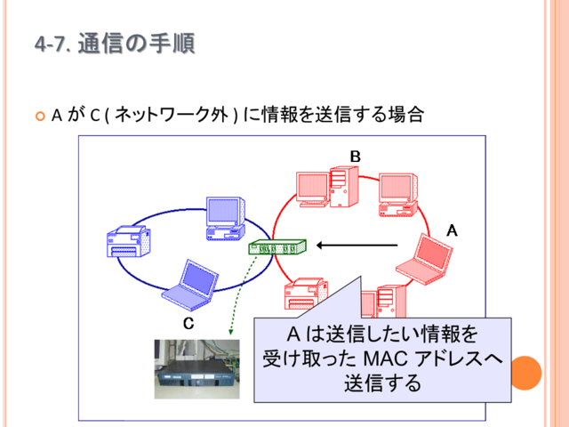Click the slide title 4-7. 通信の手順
[x=115, y=44]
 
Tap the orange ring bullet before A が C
[x=40, y=117]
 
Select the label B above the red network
[x=356, y=157]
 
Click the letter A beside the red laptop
[x=452, y=230]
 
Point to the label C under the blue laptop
[x=188, y=323]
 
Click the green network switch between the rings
[x=277, y=247]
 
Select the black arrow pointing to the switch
[x=357, y=246]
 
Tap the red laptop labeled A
[x=425, y=259]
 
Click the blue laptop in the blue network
[x=190, y=285]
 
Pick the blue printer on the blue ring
[x=129, y=241]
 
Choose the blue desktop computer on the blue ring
[x=225, y=219]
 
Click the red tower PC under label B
[x=344, y=187]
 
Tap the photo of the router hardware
[x=197, y=369]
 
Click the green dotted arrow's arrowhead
[x=230, y=332]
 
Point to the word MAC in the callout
[x=385, y=359]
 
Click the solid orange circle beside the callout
[x=525, y=373]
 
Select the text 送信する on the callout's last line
[x=382, y=383]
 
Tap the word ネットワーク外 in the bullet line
[x=172, y=115]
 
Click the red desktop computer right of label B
[x=398, y=195]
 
